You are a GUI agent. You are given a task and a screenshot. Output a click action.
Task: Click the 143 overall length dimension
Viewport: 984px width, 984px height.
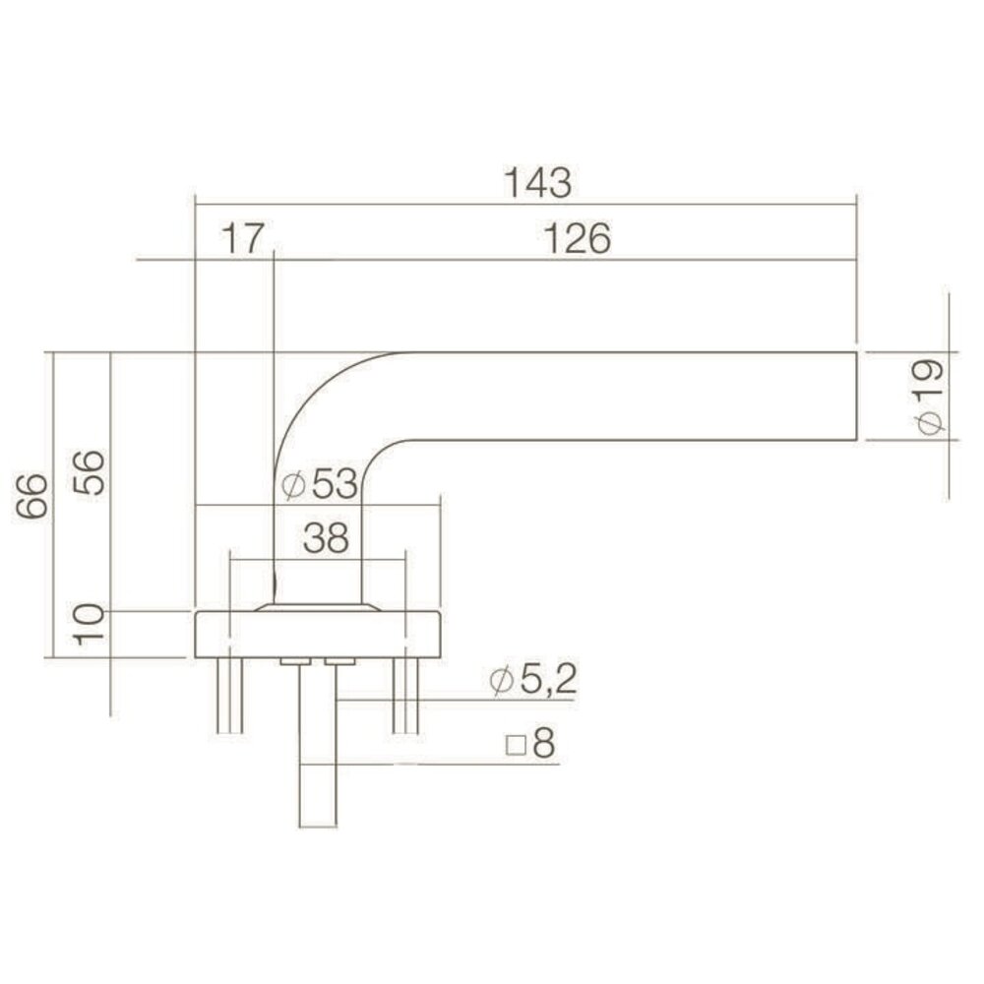(537, 182)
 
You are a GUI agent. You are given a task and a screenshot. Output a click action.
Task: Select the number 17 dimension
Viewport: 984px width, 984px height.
(242, 239)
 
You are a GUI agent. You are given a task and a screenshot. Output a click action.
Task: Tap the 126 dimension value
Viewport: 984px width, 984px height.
(576, 239)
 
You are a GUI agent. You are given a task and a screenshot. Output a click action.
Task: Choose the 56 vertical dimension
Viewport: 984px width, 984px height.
(89, 474)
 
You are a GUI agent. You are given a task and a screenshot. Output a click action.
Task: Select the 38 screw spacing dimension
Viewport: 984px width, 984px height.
(327, 539)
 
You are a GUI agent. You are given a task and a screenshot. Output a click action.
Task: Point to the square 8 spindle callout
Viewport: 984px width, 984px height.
(530, 745)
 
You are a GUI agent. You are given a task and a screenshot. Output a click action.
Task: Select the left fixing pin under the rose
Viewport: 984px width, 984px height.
(229, 695)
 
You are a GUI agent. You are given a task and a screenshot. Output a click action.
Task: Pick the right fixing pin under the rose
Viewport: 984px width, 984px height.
(405, 695)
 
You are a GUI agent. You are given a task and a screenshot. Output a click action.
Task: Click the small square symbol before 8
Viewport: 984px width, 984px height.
(513, 746)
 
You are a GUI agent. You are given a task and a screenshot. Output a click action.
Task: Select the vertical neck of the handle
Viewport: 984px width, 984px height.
(317, 541)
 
